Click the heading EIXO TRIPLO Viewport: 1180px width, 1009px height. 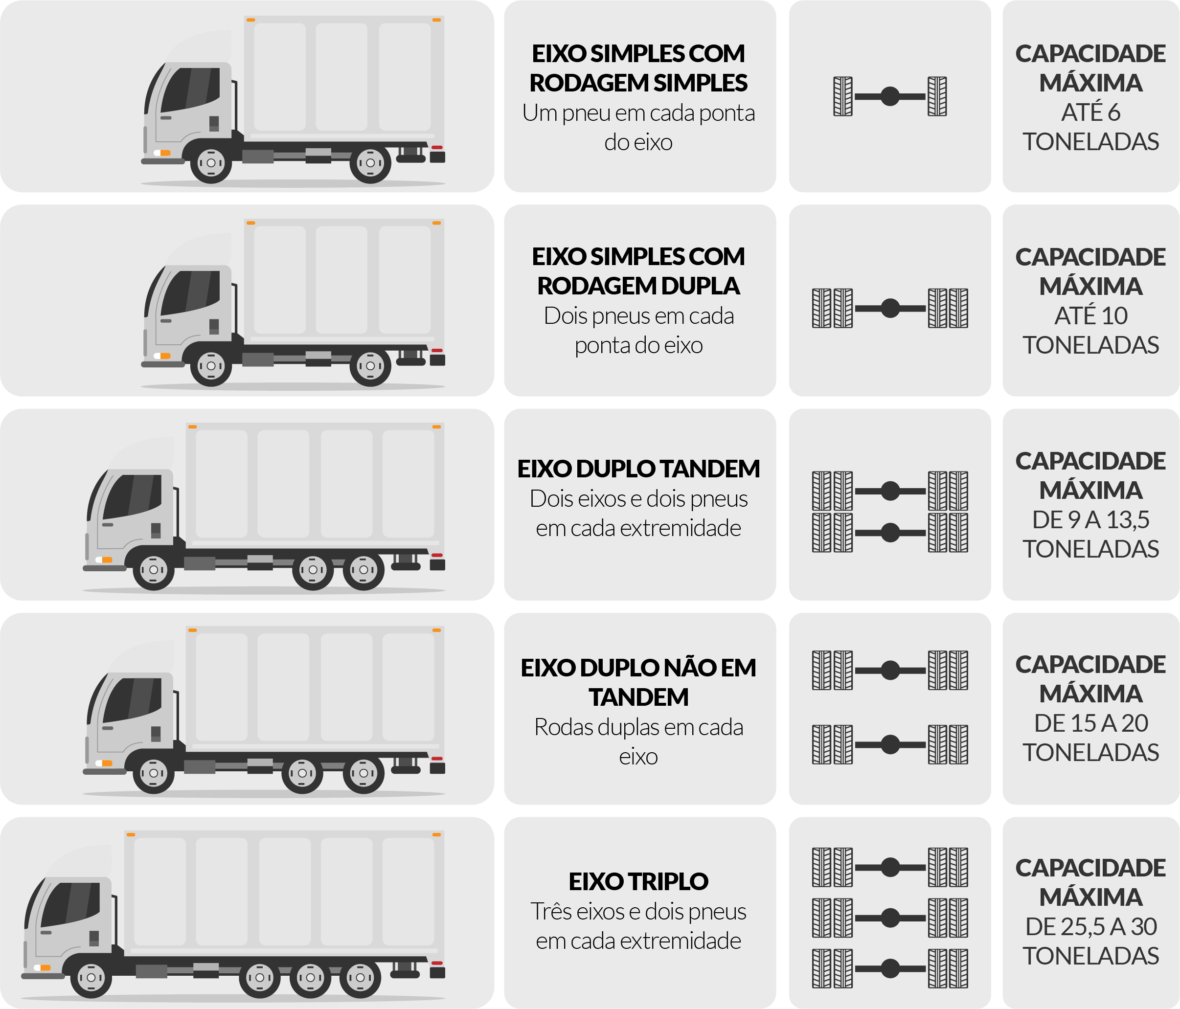638,881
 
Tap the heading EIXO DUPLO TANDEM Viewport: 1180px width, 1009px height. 638,469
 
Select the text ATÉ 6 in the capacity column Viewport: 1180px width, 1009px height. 1090,112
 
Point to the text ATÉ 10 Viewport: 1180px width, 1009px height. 1090,315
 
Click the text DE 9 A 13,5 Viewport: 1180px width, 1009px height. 1090,519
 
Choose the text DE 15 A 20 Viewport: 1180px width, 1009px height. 1090,723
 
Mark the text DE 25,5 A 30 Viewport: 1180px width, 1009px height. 1090,926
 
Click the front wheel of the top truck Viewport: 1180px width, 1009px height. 211,163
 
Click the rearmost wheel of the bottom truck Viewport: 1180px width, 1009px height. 360,977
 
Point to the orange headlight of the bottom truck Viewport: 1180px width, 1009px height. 45,967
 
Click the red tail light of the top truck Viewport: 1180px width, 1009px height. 437,148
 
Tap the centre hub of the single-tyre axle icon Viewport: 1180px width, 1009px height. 889,96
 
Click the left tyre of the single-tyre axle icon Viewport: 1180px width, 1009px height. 842,96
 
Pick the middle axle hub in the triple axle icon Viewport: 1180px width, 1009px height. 889,918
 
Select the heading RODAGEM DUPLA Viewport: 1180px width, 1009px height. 638,286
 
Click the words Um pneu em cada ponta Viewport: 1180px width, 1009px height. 638,113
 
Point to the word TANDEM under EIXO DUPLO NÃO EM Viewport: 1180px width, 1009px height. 638,697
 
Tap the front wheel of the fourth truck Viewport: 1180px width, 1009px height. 153,773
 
